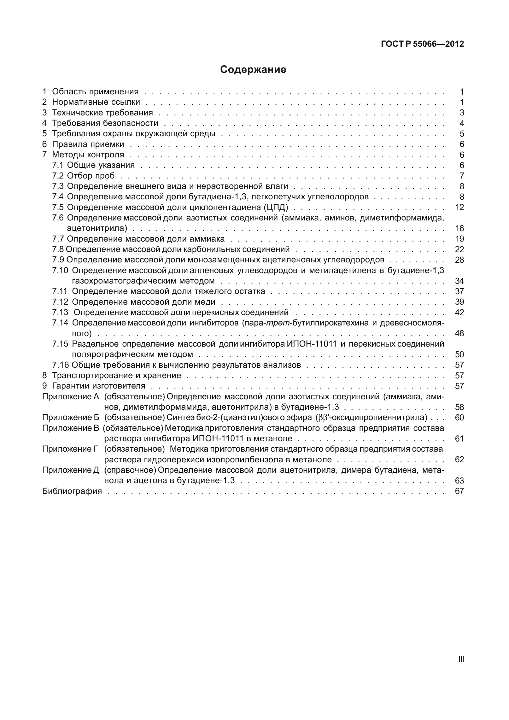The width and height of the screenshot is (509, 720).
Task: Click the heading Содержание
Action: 253,69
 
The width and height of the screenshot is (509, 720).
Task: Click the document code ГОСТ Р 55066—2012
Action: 422,44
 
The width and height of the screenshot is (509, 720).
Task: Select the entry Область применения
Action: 95,92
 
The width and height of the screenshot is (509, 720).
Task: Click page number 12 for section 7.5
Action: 459,208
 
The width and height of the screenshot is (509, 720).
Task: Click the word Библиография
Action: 72,491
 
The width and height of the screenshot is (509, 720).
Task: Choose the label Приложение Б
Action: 71,418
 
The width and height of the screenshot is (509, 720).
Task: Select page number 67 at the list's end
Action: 459,491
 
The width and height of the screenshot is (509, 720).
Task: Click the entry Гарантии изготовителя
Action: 98,386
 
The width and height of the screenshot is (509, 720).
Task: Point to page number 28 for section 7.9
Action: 459,260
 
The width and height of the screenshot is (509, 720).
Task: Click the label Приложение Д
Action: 71,470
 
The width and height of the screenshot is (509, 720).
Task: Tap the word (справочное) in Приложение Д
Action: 130,470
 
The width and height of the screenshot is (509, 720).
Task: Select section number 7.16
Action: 60,365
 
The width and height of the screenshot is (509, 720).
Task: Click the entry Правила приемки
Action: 88,144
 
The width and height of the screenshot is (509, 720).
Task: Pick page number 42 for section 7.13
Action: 459,313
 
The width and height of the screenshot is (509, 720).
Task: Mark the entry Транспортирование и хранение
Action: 116,376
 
